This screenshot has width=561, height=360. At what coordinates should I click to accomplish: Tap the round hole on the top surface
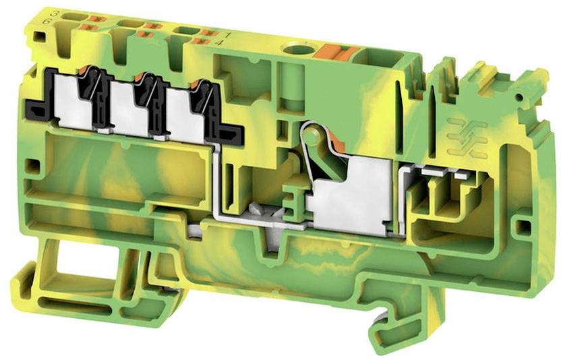pyautogui.click(x=295, y=49)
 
